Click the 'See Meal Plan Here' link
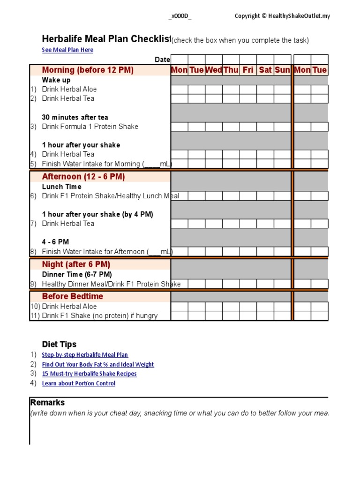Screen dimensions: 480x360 pos(67,50)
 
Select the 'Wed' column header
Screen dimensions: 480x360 pos(214,70)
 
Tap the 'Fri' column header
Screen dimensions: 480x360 pos(248,70)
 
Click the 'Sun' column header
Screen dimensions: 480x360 pos(282,70)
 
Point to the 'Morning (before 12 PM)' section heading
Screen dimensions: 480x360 pos(88,70)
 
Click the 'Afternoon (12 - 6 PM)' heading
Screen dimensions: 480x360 pos(83,177)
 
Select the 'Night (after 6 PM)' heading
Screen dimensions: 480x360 pos(76,264)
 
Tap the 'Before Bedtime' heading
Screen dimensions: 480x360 pos(72,296)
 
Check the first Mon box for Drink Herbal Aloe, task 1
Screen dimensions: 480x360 pos(179,89)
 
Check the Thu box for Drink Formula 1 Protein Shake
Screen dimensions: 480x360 pos(231,127)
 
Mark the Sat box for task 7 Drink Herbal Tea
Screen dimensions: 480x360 pos(265,224)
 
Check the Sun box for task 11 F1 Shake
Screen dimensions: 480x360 pos(282,315)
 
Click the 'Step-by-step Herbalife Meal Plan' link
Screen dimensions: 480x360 pos(85,355)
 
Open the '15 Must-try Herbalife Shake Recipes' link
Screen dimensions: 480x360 pos(89,374)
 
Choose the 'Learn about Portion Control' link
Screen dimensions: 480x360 pos(78,383)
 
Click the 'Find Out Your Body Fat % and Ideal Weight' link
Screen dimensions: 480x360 pos(97,364)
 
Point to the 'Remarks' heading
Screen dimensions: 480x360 pos(47,403)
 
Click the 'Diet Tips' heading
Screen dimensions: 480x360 pos(59,344)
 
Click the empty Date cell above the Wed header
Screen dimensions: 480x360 pos(214,59)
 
